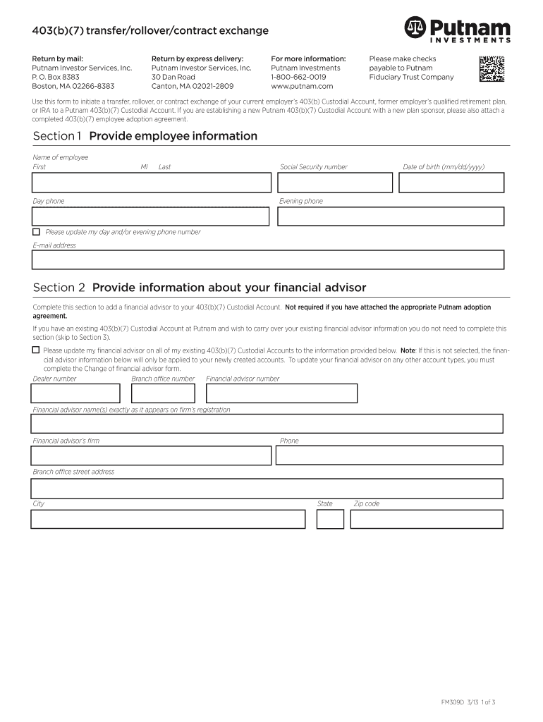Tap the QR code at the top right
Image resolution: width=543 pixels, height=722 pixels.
[492, 69]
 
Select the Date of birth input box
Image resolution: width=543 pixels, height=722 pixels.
[451, 183]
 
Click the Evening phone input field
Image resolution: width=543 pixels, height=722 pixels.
[390, 216]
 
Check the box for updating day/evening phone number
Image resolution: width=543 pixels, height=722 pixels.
[36, 232]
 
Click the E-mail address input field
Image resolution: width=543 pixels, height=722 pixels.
[268, 259]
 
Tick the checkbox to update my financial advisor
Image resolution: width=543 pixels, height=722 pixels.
[36, 350]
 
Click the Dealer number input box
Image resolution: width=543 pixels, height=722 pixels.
[75, 393]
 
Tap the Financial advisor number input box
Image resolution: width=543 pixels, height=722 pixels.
[281, 393]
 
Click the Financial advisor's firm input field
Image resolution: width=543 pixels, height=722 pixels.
[151, 455]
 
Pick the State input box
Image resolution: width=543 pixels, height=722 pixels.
[330, 520]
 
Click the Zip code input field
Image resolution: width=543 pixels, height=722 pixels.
[427, 520]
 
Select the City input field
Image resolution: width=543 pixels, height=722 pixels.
[168, 520]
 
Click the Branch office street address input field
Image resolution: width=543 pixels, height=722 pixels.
[267, 489]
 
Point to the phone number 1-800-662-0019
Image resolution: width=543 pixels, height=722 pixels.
[298, 77]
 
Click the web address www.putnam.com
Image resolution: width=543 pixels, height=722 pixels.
[302, 86]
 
